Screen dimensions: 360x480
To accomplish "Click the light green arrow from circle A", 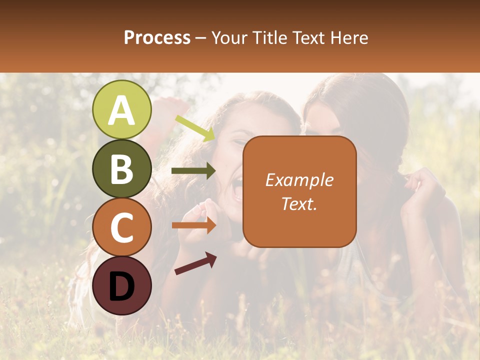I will [194, 128].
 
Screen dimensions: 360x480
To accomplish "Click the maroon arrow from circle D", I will [195, 263].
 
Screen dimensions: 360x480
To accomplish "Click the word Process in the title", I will [157, 37].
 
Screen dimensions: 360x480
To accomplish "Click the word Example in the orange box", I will [299, 180].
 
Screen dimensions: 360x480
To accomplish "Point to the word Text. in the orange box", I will [299, 203].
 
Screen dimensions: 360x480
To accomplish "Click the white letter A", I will [122, 110].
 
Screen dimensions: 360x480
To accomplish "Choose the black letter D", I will [122, 285].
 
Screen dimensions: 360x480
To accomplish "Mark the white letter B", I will [122, 169].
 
